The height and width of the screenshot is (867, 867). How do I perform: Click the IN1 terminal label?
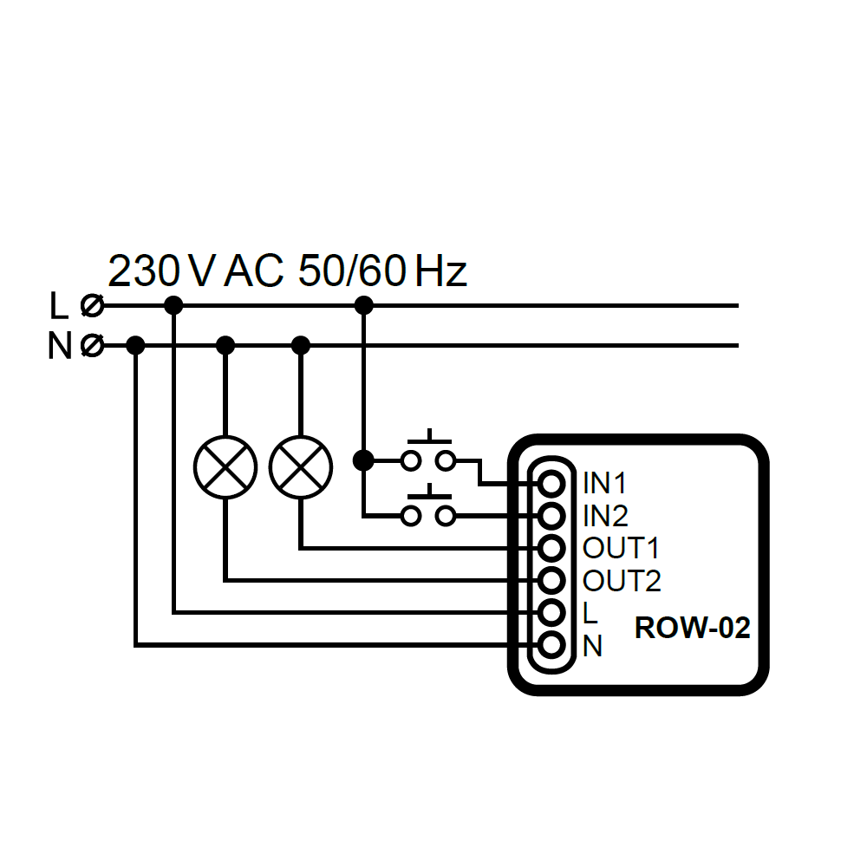tap(605, 483)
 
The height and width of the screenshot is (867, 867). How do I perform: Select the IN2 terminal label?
tap(605, 516)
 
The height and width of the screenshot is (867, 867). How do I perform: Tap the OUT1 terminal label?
tap(621, 548)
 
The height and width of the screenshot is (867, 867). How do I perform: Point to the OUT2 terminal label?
tap(622, 580)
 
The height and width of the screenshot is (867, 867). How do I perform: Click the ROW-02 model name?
tap(692, 628)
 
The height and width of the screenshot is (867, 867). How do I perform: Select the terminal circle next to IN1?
tap(551, 483)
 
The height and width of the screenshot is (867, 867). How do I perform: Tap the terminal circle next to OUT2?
tap(551, 580)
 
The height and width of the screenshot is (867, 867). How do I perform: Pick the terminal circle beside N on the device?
tap(551, 645)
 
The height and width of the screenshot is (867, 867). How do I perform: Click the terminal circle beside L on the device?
tap(551, 612)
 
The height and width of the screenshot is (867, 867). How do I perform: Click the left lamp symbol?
tap(225, 467)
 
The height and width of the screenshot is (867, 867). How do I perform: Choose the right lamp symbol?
tap(301, 467)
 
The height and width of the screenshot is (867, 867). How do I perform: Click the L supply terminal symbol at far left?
tap(91, 305)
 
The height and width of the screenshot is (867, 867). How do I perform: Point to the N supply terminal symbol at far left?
tap(91, 346)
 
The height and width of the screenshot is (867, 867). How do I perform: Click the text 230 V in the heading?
tap(160, 272)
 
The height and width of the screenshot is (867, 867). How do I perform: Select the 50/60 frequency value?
tap(351, 272)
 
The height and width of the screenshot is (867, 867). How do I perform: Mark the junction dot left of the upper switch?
tap(364, 460)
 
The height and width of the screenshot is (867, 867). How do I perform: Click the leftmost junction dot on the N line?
tap(135, 346)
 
